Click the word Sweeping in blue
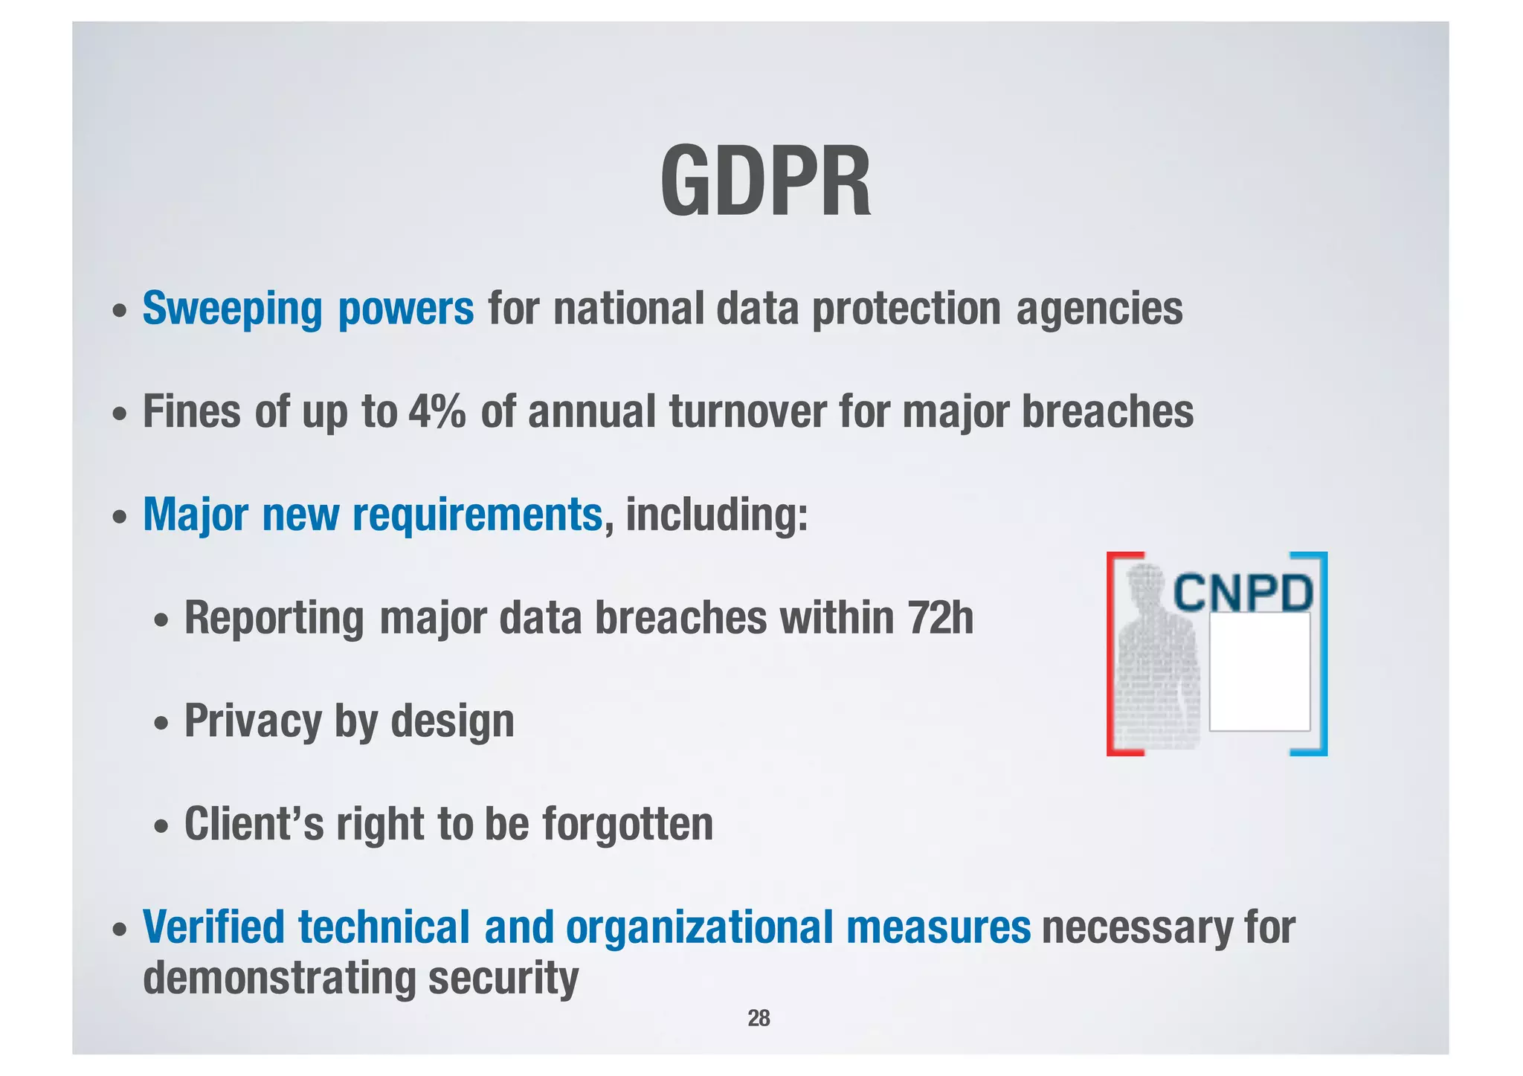point(232,309)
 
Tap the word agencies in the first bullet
point(1099,309)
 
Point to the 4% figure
point(437,411)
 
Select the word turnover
point(747,411)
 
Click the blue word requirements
point(477,515)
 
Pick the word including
point(716,515)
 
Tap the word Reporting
point(274,618)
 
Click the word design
point(452,721)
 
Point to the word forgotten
point(627,824)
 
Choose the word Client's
point(254,824)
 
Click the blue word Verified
point(213,927)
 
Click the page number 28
point(759,1018)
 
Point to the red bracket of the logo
point(1113,654)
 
